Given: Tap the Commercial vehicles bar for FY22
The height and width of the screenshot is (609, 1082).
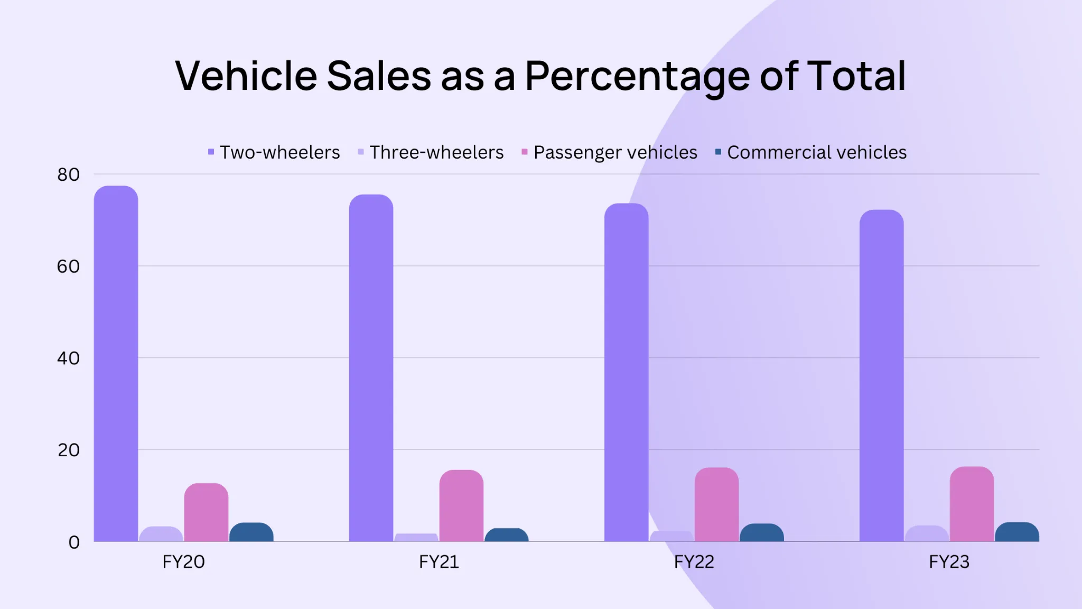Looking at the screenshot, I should coord(761,532).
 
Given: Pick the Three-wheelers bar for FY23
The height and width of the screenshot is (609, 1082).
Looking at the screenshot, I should coord(927,533).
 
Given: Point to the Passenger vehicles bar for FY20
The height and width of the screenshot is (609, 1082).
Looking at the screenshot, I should coord(206,512).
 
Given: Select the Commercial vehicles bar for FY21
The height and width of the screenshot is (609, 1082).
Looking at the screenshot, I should coord(506,534).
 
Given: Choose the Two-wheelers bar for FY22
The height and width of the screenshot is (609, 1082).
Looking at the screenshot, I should coord(626,372).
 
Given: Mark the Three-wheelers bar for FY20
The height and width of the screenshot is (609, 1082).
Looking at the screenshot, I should coord(161,534).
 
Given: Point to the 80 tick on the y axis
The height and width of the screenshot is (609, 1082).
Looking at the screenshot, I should coord(69,174).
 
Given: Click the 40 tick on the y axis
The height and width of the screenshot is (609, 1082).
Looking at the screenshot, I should coord(69,358).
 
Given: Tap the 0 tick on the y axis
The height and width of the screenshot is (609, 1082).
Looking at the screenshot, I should coord(74,542).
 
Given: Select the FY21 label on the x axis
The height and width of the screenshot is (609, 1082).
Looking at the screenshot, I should coord(439,561).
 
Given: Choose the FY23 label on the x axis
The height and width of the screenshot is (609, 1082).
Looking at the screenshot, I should coord(949,561).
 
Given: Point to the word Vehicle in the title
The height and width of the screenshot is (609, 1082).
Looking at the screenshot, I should coord(246,76).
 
